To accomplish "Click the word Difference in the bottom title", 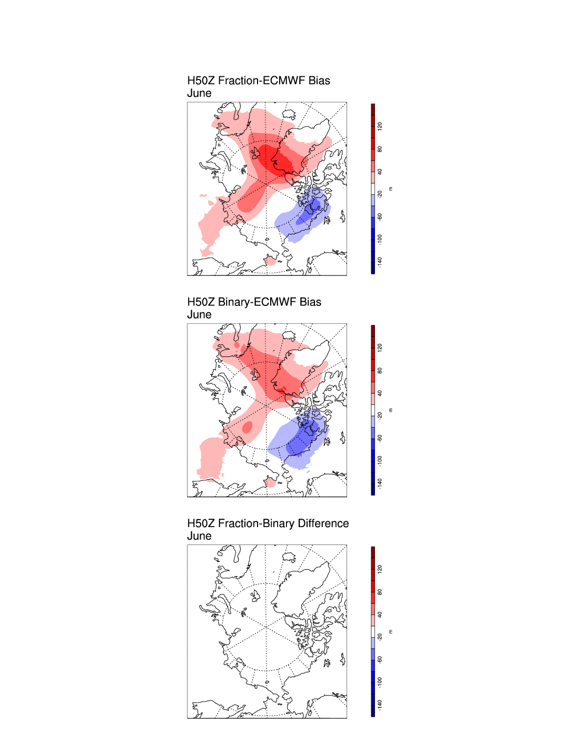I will point(323,523).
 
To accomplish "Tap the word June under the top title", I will point(199,93).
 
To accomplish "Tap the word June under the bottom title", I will point(199,536).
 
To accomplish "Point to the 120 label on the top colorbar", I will point(380,126).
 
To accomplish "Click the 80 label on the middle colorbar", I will point(380,371).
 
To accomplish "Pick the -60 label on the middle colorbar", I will point(380,438).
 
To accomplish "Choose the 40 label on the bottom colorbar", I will point(380,615).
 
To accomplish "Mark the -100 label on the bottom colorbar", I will point(380,682).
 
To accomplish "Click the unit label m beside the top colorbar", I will point(390,189).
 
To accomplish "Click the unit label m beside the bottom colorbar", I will point(390,631).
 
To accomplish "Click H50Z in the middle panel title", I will point(201,302).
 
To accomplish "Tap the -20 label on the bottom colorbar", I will point(380,637).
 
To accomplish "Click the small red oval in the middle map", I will point(246,427).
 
